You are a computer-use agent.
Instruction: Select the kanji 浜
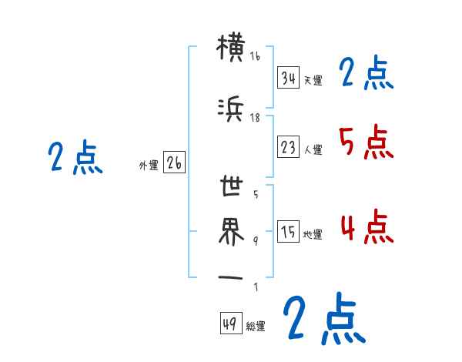pyautogui.click(x=231, y=112)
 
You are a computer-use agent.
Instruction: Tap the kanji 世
pyautogui.click(x=231, y=187)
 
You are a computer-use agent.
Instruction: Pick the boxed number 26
pyautogui.click(x=174, y=163)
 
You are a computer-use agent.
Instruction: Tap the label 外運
pyautogui.click(x=149, y=165)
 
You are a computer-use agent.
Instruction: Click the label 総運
pyautogui.click(x=256, y=327)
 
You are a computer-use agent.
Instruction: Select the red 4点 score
pyautogui.click(x=365, y=227)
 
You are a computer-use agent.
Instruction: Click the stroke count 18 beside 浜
pyautogui.click(x=255, y=118)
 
